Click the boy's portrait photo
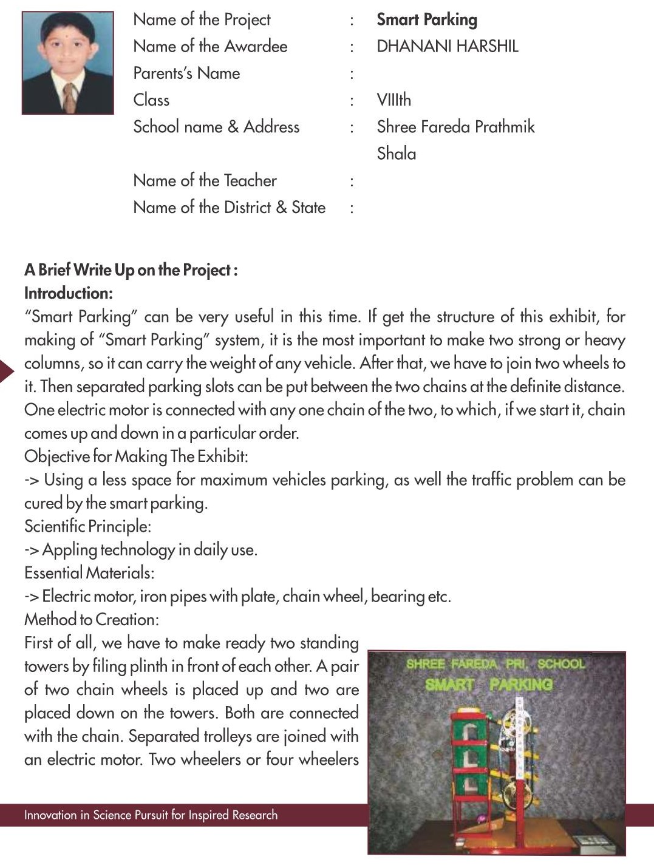coord(67,62)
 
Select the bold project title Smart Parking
coord(427,19)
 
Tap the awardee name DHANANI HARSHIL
coord(447,46)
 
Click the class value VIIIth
coord(393,100)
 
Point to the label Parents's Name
coord(186,73)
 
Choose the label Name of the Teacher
coord(205,180)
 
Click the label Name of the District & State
coord(229,207)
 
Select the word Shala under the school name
coord(397,153)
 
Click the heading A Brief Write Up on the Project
coord(131,270)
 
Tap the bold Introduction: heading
coord(69,293)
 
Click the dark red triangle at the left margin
coord(6,371)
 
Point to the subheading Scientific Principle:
coord(87,526)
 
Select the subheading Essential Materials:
coord(89,572)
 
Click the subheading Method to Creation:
coord(92,619)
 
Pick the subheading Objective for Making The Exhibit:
coord(136,456)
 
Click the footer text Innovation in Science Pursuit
coord(151,815)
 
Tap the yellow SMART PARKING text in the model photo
coord(488,684)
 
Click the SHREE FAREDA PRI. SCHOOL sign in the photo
coord(496,663)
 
